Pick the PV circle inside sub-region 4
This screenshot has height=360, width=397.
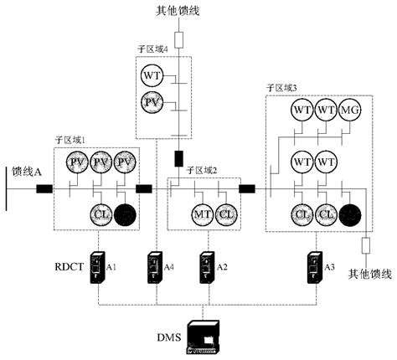tap(152, 104)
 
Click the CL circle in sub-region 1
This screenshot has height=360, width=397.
tap(101, 213)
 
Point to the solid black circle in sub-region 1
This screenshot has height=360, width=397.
tap(126, 214)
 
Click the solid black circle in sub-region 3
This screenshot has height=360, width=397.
tap(352, 213)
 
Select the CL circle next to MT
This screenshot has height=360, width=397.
tap(225, 213)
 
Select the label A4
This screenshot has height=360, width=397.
tap(171, 267)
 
